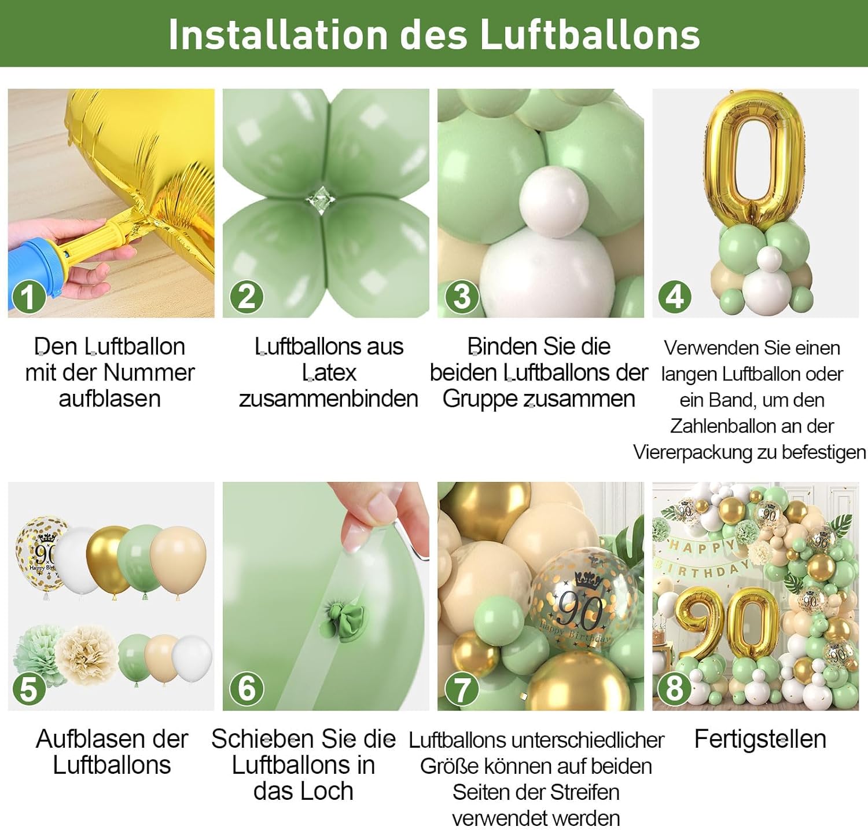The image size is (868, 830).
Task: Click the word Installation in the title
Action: pos(278,35)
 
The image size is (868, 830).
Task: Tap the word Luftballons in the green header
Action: pos(590,35)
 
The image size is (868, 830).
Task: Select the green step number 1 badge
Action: pos(27,298)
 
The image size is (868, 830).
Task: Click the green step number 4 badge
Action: pos(675,298)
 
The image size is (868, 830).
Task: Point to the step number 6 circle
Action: pos(247,689)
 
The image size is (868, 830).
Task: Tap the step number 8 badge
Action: pos(675,689)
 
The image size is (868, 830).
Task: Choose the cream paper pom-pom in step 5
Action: pos(87,655)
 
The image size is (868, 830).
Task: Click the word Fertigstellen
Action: pos(760,740)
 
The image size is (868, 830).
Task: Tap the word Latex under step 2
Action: pos(329,372)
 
